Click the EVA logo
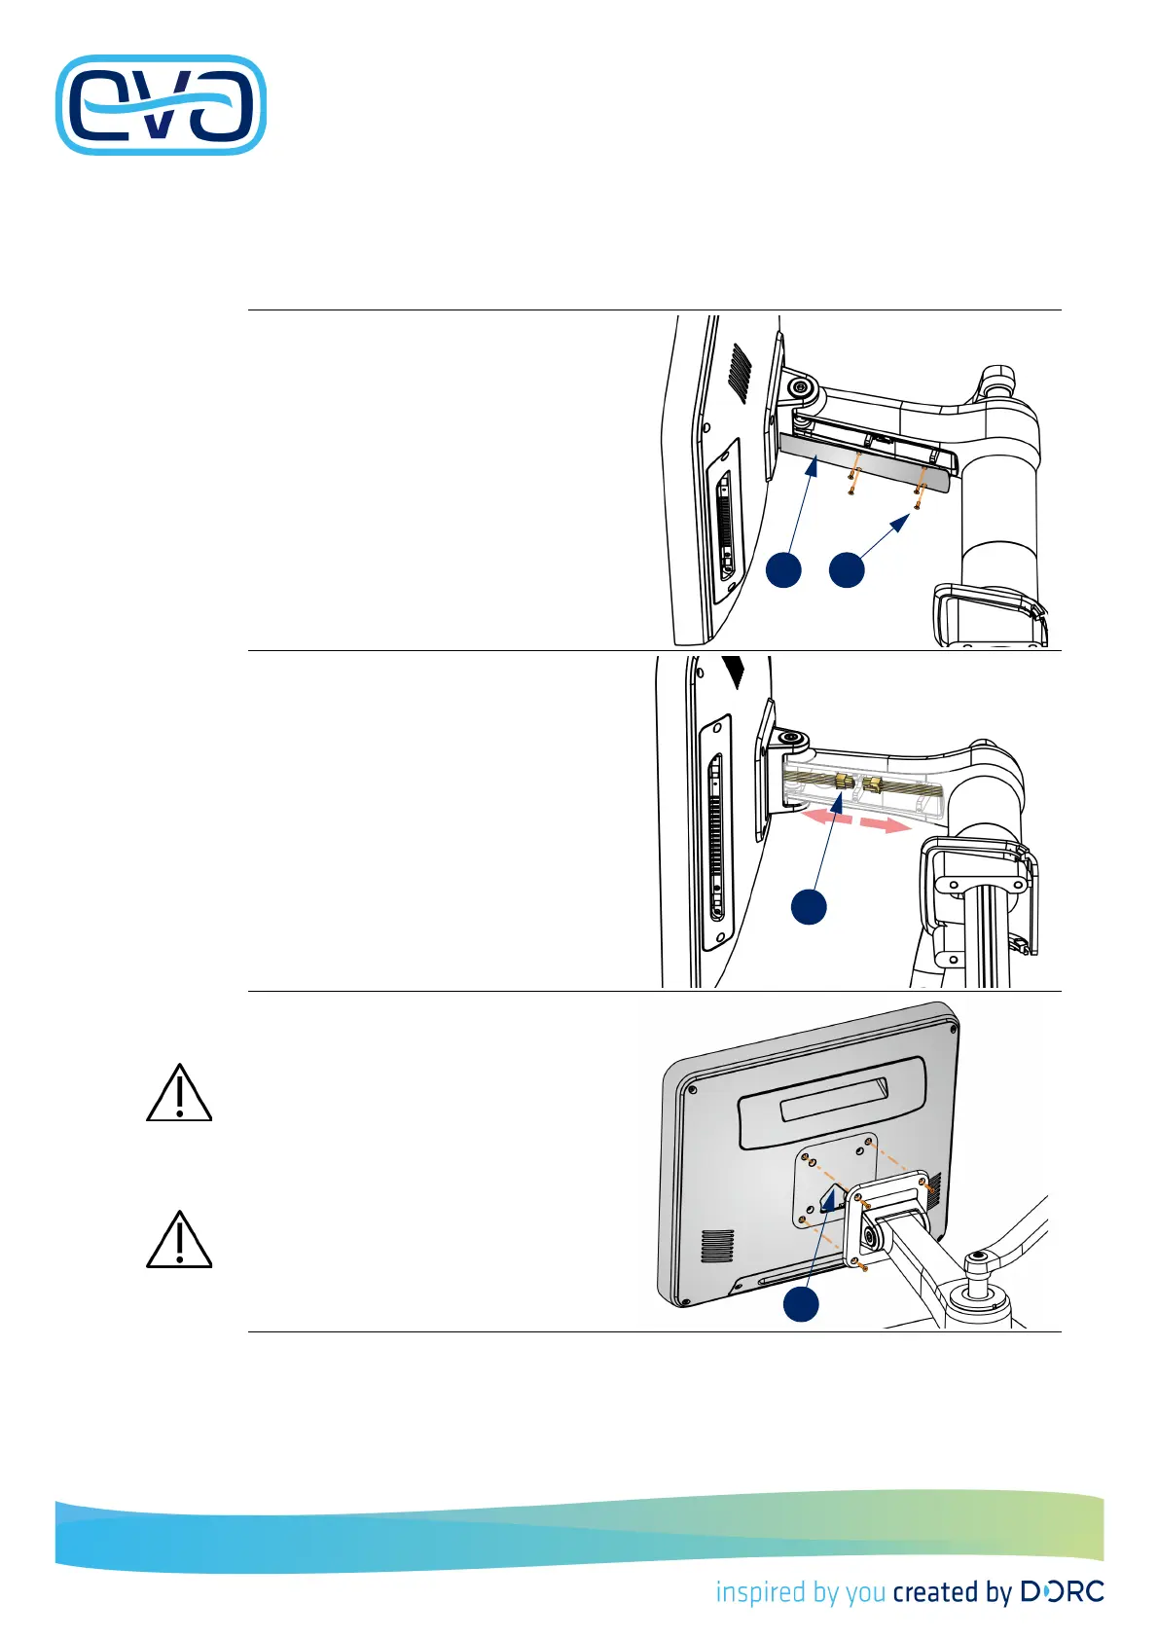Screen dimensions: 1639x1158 pos(162,105)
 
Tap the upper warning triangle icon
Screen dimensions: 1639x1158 pos(179,1094)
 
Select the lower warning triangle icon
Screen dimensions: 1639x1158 pos(179,1240)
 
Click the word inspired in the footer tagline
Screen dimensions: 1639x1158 pos(750,1592)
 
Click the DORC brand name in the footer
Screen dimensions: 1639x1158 pos(1062,1592)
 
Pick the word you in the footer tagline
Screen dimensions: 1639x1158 pos(865,1594)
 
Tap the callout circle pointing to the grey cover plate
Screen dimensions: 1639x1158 pos(783,570)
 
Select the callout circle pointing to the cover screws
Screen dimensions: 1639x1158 pos(847,570)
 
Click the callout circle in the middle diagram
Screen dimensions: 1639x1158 pos(809,906)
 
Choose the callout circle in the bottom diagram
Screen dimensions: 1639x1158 pos(801,1305)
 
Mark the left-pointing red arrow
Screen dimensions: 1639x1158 pos(823,819)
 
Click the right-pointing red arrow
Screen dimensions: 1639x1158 pos(886,825)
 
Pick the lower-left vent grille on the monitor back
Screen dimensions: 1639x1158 pos(718,1247)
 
